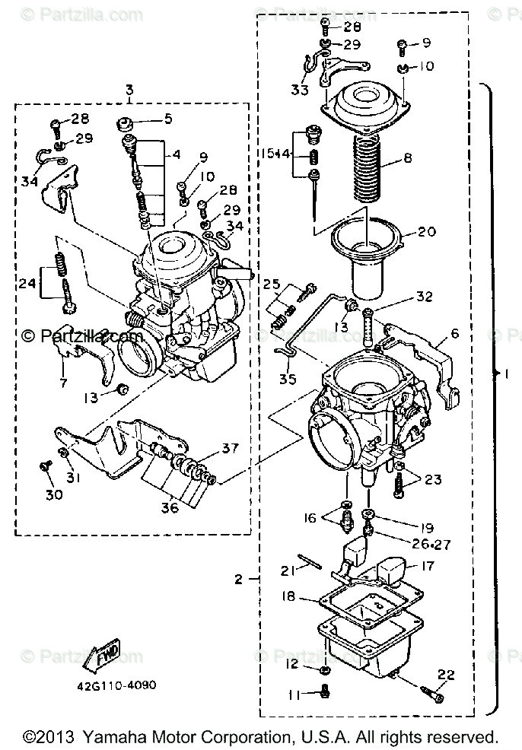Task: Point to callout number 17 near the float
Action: (426, 566)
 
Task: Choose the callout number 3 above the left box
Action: (129, 90)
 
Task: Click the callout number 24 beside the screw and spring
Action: (27, 283)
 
